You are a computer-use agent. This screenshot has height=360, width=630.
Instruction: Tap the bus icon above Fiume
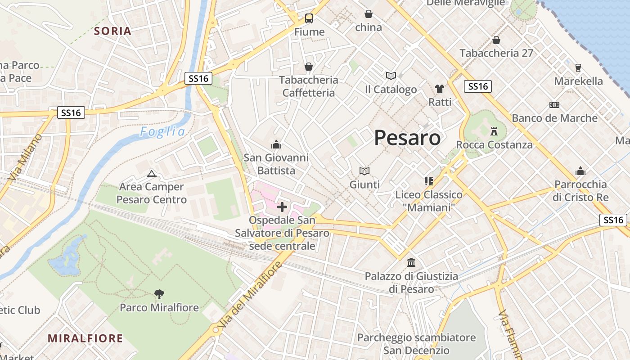coord(309,18)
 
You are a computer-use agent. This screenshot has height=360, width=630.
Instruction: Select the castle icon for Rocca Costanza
coord(495,131)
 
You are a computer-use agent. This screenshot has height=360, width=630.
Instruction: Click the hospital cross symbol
coord(282,207)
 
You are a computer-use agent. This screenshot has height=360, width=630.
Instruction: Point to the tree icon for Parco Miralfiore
coord(159,294)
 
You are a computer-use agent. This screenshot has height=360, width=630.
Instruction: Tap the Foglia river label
coord(162,131)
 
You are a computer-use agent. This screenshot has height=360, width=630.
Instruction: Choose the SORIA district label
coord(112,31)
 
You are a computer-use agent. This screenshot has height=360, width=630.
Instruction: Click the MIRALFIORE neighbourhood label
coord(85,338)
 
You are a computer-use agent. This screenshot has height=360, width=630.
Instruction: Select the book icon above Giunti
coord(364,171)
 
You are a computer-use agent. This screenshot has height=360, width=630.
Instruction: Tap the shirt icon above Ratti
coord(440,89)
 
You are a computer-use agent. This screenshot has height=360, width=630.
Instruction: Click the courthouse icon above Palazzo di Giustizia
coord(411,262)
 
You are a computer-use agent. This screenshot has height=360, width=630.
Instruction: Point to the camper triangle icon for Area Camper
coord(152,174)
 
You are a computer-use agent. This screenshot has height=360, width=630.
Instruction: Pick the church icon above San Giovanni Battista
coord(276,144)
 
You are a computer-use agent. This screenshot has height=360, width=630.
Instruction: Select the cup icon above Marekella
coord(578,68)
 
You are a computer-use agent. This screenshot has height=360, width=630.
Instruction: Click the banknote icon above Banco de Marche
coord(554,105)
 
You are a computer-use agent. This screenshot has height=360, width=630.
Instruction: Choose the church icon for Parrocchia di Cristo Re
coord(580,171)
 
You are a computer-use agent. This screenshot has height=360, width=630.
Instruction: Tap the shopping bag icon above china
coord(369,14)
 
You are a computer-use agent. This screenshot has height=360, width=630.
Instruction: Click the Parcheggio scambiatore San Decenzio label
coord(416,344)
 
